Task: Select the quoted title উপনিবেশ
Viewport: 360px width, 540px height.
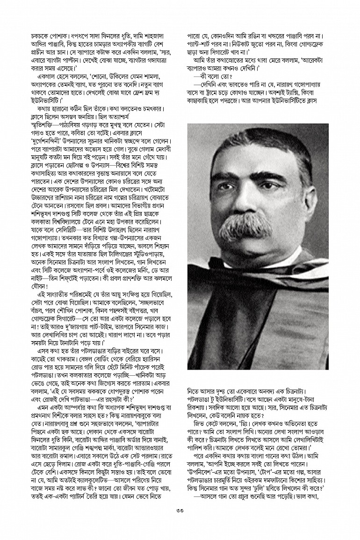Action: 203,469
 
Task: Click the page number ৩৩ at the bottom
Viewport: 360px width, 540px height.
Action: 180,523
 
